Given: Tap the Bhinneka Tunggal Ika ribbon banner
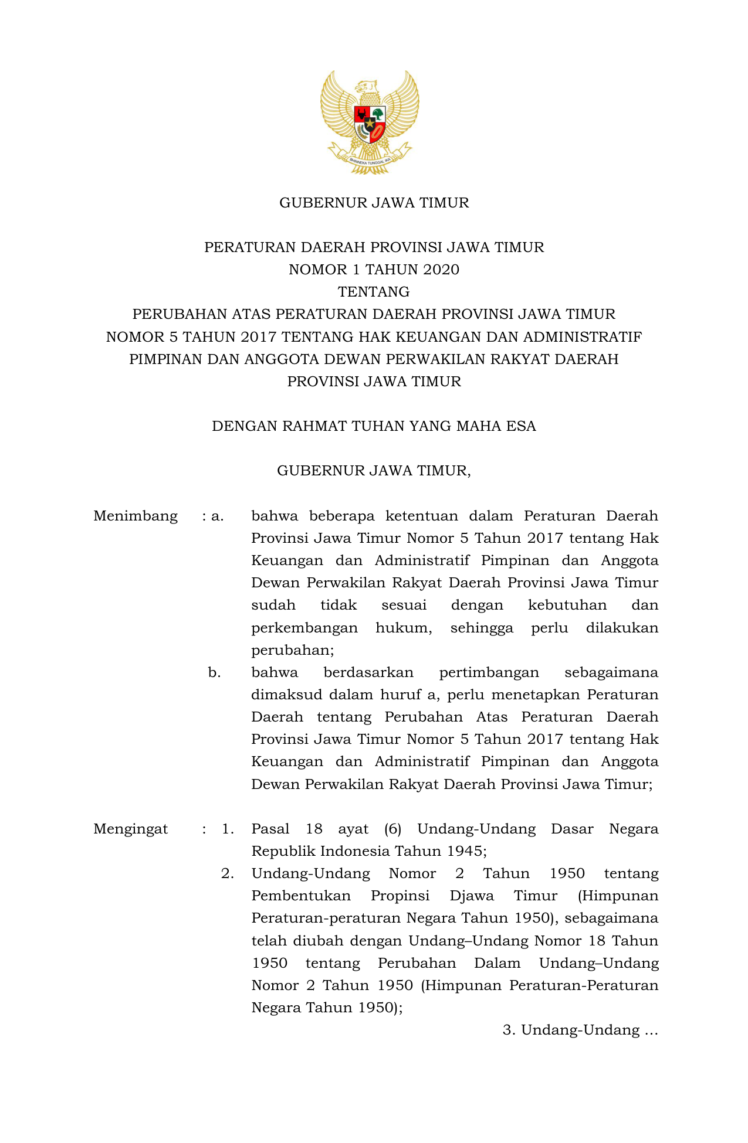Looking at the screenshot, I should [370, 159].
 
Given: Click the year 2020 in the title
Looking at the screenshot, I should [441, 270].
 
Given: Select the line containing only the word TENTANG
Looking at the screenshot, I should [374, 292].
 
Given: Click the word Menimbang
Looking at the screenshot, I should [136, 516].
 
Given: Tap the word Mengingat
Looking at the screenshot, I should [131, 829].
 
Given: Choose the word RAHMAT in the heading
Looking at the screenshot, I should [314, 426].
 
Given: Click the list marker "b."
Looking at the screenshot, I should [215, 672].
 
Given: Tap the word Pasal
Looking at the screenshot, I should [270, 829].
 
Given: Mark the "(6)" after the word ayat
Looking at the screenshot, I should [392, 829].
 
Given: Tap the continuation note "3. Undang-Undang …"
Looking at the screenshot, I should [580, 1030].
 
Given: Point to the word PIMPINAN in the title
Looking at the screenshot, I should [165, 359].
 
